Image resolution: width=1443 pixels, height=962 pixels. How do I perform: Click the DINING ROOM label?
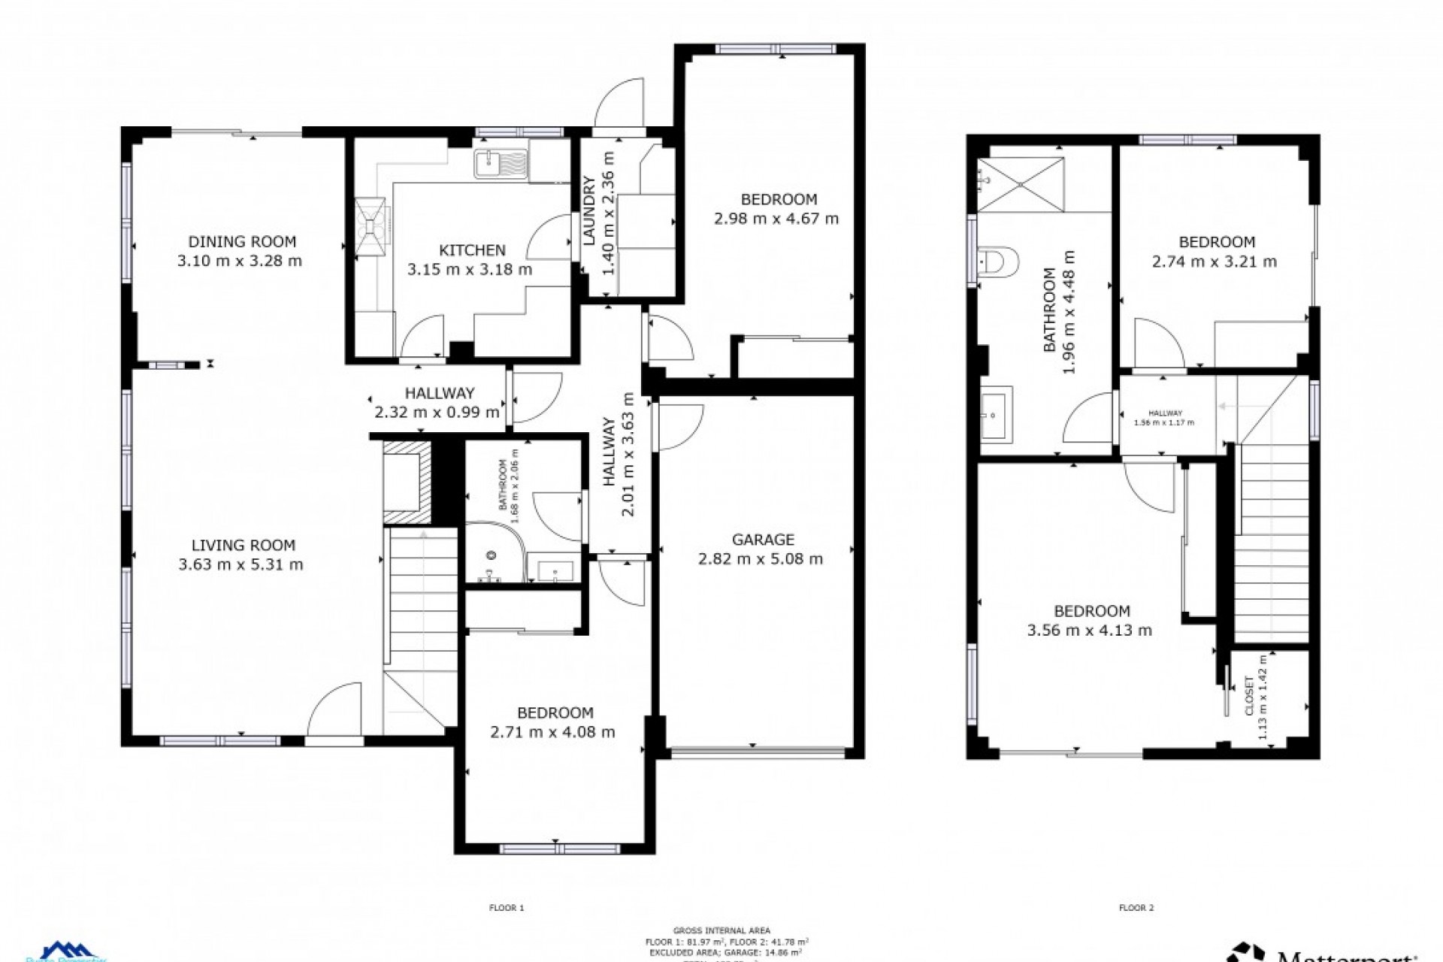242,242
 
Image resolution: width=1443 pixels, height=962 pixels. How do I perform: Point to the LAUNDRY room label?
590,211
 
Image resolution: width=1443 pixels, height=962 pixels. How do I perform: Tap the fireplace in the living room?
408,482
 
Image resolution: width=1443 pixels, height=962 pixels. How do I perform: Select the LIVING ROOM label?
243,546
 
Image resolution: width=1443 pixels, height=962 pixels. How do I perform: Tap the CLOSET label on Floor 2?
1249,697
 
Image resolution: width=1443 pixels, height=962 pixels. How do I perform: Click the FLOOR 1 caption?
507,908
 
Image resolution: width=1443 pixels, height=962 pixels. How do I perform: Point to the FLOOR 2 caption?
1136,908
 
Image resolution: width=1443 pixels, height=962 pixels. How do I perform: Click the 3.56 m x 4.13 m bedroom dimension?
1089,631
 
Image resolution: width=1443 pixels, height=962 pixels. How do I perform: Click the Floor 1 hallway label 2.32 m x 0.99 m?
437,412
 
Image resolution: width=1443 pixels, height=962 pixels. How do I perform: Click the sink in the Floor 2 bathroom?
997,414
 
